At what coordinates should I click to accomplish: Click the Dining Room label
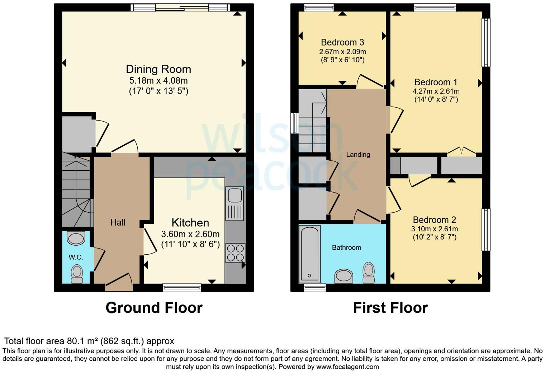[158, 69]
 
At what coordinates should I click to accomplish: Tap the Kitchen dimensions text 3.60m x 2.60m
[190, 234]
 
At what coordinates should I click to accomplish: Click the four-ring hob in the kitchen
[236, 253]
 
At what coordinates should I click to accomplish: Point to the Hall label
[118, 223]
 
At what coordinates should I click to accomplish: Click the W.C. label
[76, 257]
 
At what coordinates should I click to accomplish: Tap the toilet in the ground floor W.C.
[77, 274]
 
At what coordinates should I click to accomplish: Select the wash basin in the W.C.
[76, 238]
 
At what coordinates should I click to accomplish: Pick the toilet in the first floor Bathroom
[369, 273]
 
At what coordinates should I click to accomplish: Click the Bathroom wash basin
[343, 277]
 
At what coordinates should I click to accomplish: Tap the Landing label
[358, 155]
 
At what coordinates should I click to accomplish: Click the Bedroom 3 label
[342, 43]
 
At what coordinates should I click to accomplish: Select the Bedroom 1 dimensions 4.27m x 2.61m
[436, 91]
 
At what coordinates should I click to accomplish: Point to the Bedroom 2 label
[435, 220]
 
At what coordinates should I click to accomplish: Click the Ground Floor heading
[154, 308]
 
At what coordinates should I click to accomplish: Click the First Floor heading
[390, 308]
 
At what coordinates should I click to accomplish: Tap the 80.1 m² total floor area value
[83, 341]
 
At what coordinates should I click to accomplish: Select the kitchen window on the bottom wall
[182, 287]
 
